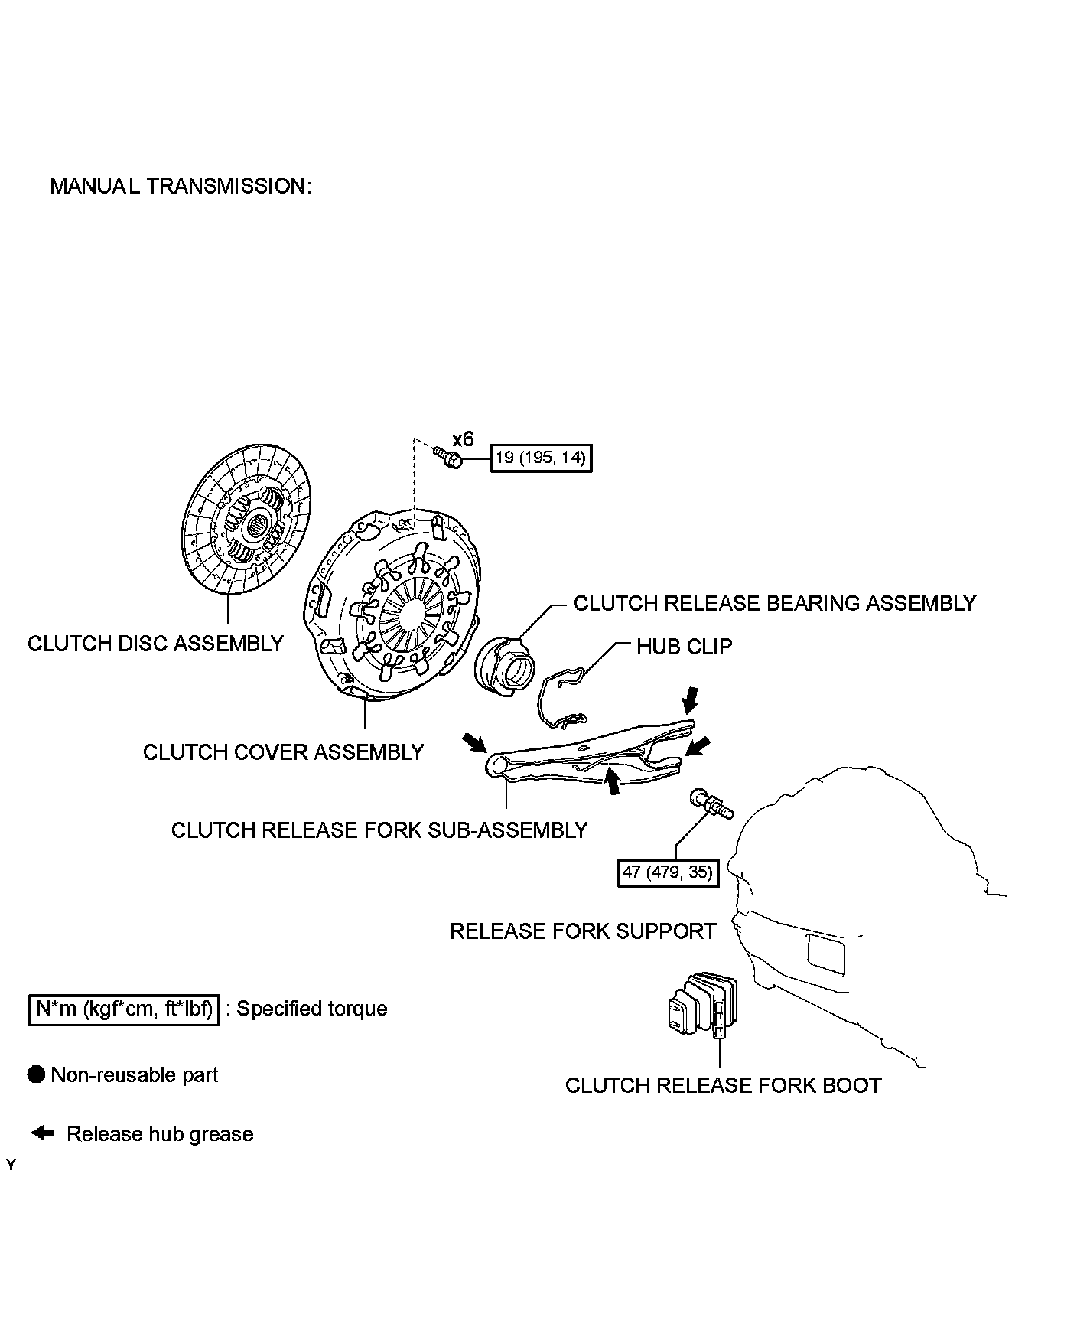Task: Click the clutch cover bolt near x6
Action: tap(448, 458)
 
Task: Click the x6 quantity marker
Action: tap(463, 439)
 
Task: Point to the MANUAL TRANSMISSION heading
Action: tap(181, 186)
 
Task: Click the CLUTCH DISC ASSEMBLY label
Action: tap(155, 643)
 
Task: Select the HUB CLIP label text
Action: tap(684, 647)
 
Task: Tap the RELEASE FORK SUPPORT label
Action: tap(583, 931)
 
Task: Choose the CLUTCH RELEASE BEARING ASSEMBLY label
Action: tap(774, 603)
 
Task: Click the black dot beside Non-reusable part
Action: tap(37, 1074)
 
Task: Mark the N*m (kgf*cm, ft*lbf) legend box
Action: tap(124, 1009)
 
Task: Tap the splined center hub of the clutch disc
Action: tap(257, 527)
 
